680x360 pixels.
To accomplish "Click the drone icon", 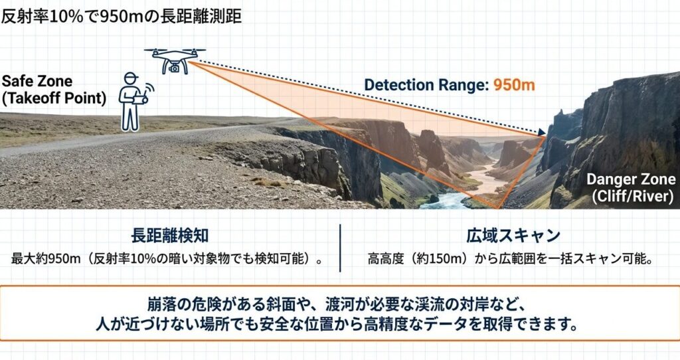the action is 175,60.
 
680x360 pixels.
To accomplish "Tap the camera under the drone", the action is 175,68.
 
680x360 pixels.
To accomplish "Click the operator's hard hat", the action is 130,77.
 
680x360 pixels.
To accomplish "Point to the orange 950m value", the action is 514,84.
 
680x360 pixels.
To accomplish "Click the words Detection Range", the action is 426,85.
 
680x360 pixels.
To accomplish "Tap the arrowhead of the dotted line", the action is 542,132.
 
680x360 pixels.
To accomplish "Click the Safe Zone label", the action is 37,81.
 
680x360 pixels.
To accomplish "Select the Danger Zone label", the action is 631,179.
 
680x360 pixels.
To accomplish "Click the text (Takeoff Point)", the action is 54,98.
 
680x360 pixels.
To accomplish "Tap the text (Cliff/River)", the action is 633,196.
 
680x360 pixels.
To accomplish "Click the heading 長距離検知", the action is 169,236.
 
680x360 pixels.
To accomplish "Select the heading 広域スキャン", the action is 513,236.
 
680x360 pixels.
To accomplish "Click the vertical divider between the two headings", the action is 340,248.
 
